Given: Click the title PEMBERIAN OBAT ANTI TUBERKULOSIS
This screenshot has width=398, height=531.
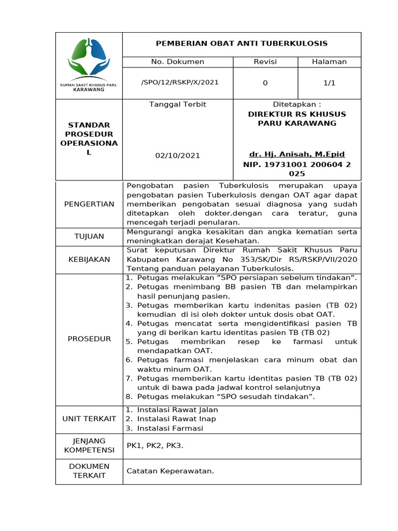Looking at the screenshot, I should tap(241, 44).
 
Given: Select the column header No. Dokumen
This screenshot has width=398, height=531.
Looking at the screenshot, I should tap(178, 62).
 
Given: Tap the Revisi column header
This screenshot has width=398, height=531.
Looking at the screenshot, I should tap(265, 62).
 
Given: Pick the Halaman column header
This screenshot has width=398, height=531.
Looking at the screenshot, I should tap(329, 62).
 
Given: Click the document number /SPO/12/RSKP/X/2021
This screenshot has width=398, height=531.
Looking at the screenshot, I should tap(180, 82).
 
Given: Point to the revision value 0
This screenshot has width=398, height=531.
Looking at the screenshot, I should tap(265, 82).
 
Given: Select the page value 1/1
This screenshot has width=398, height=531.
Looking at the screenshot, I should tap(329, 82).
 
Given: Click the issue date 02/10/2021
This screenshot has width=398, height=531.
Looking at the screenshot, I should tap(178, 155).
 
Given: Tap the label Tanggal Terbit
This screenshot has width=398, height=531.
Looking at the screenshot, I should tap(178, 104).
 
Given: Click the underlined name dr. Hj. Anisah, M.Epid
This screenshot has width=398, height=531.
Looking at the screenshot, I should tap(297, 154).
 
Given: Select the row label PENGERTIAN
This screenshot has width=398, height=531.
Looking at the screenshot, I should tap(89, 204).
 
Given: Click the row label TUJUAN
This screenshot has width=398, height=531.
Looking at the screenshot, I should tap(89, 236).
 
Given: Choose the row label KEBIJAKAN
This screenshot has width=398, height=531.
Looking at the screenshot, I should tap(89, 259).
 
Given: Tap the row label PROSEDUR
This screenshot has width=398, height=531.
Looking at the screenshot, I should tap(89, 339).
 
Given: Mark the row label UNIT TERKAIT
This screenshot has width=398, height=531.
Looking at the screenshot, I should tap(89, 418).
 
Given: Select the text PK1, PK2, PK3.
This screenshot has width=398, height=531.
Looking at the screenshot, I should tap(155, 445).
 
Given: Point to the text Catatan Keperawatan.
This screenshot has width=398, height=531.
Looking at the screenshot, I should tap(170, 471).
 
